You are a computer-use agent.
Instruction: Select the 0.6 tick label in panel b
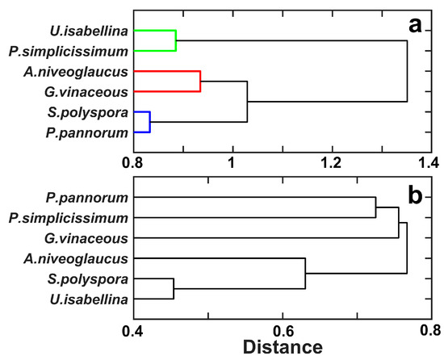[x=283, y=329]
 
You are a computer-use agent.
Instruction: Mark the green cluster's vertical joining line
[x=176, y=40]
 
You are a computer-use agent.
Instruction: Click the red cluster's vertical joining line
[x=200, y=81]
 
